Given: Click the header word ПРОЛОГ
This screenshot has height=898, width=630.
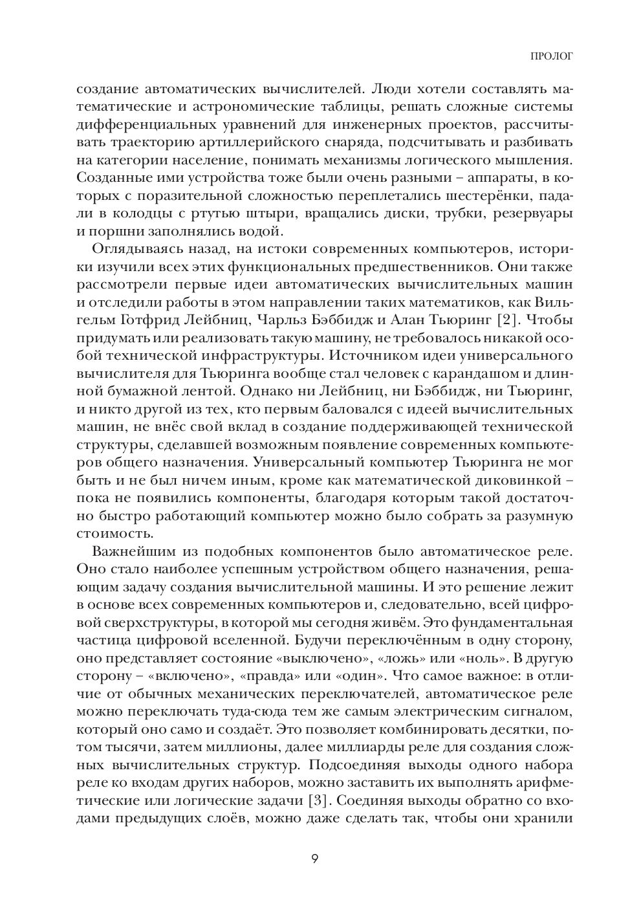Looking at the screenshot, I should coord(552,56).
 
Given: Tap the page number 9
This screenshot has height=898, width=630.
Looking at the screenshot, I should coord(315,859).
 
